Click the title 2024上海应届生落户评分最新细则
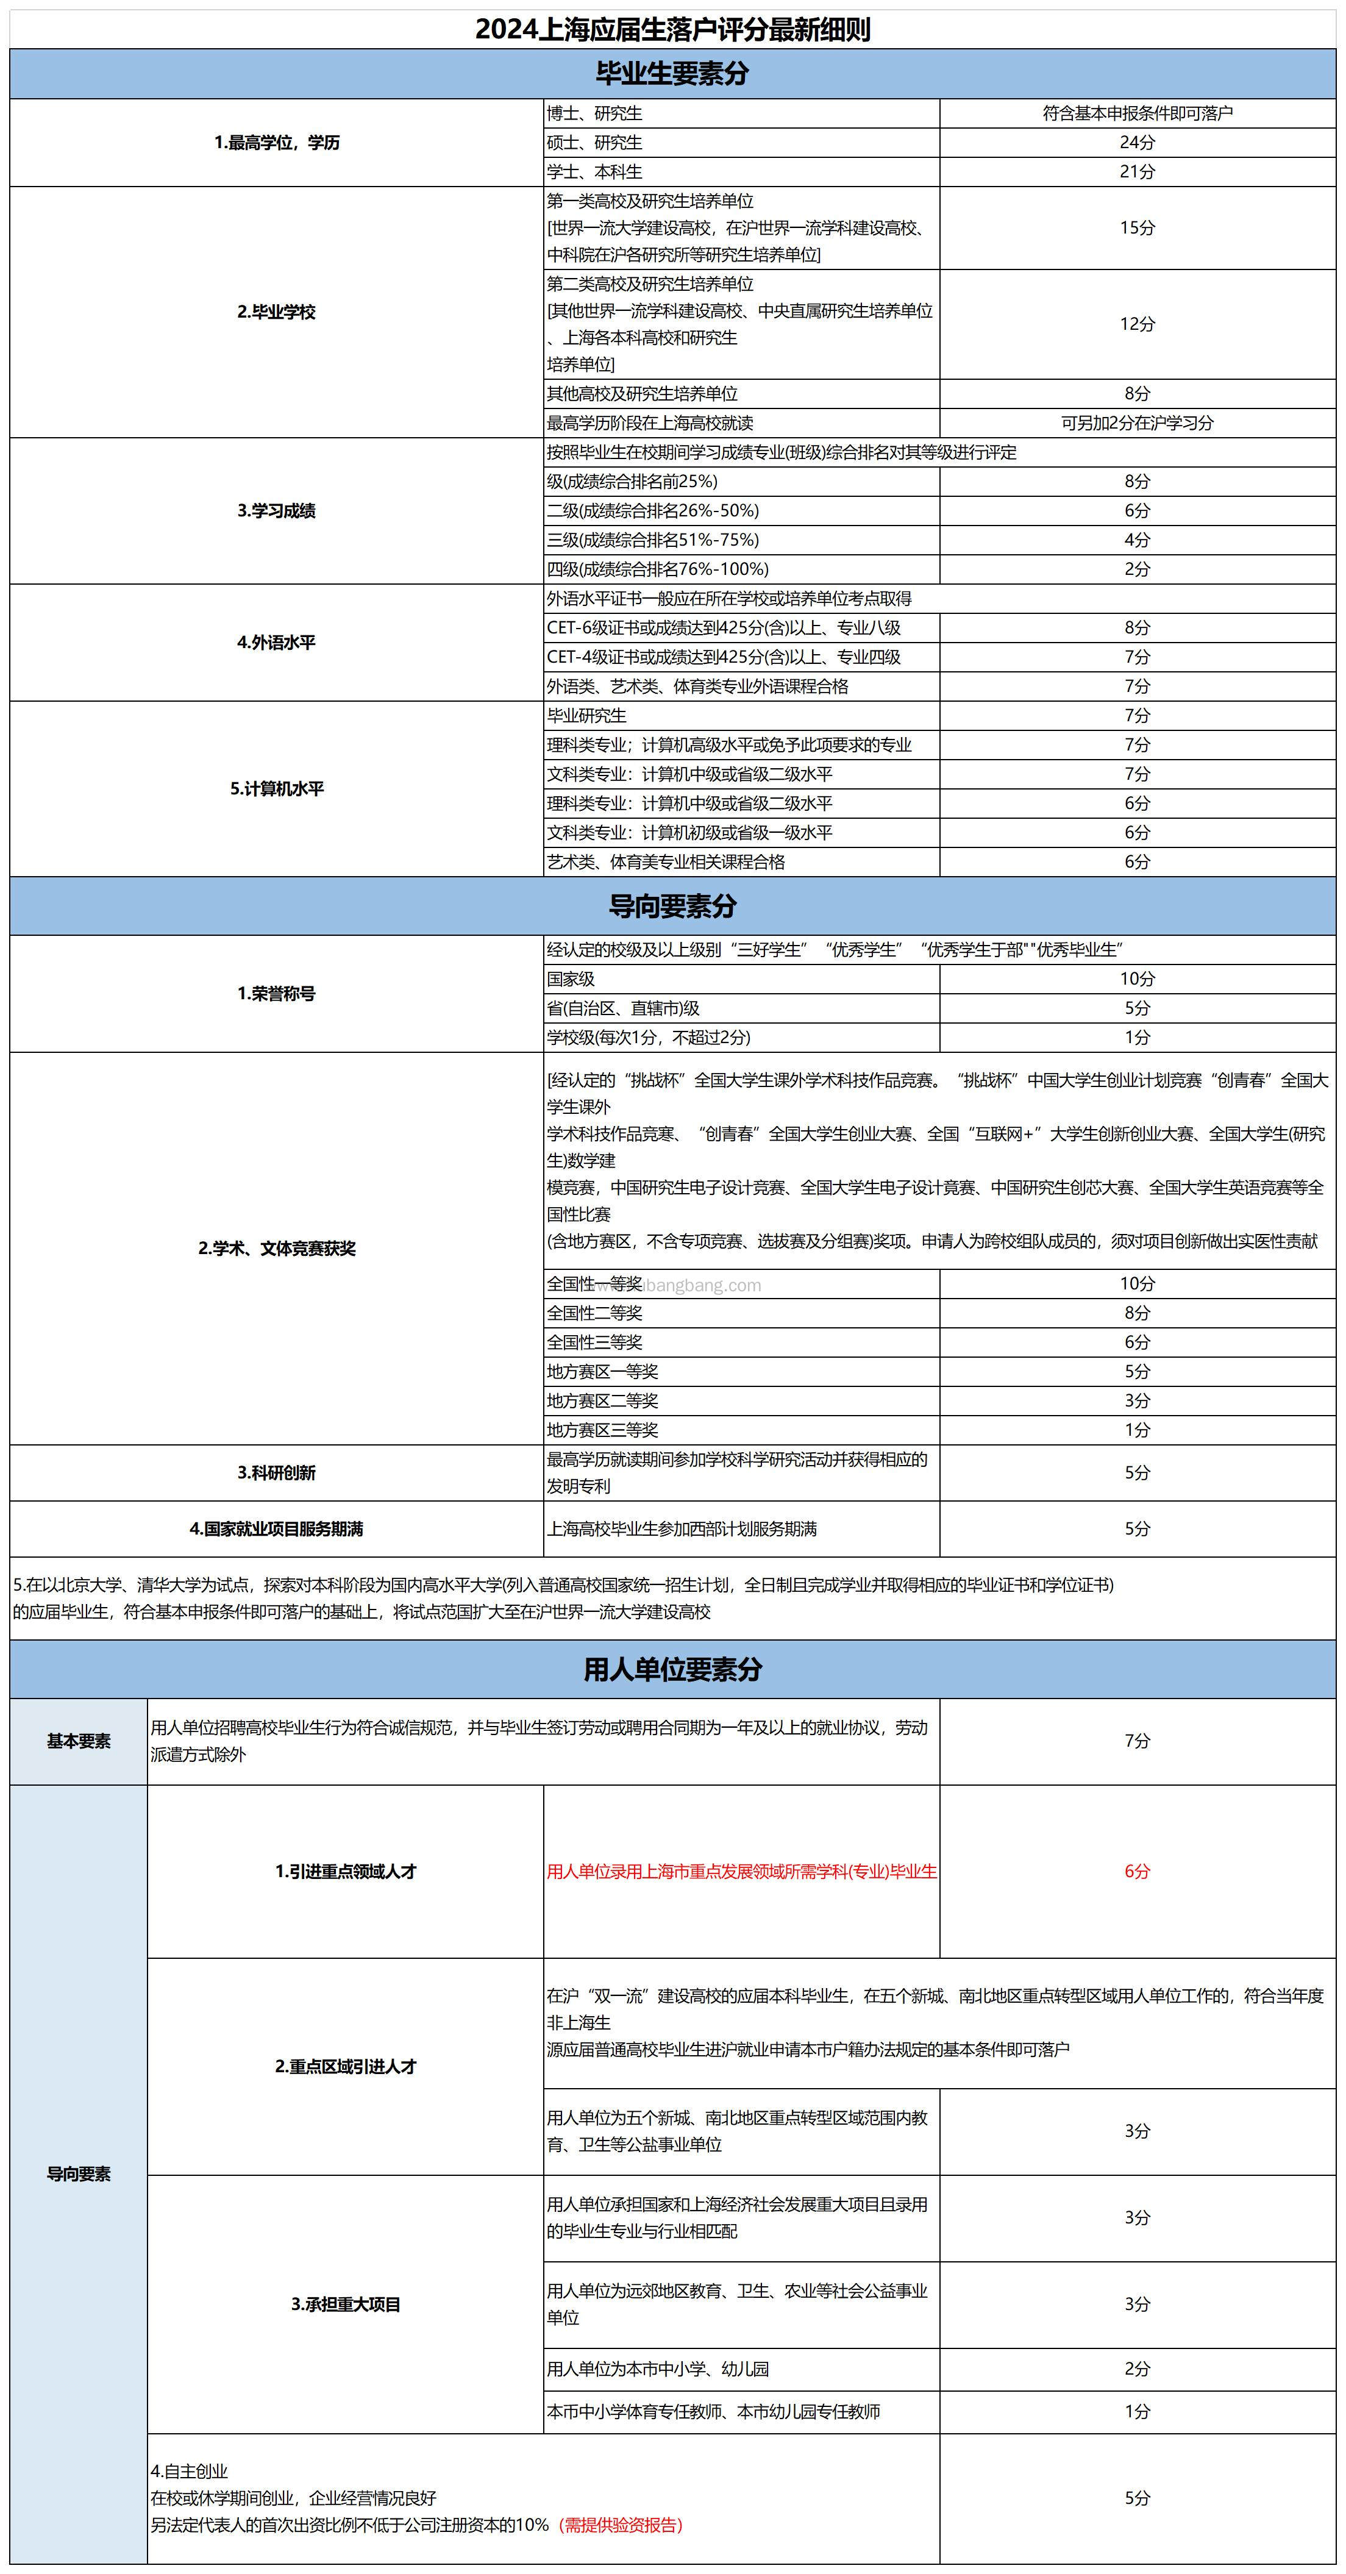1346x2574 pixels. pos(672,29)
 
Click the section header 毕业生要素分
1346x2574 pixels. pos(672,73)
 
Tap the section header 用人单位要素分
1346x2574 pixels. pos(672,1669)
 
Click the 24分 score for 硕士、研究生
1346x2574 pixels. pos(1137,143)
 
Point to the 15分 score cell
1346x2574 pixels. pos(1137,228)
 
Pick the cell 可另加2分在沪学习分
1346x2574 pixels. pos(1137,422)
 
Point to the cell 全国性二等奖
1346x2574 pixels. pos(594,1313)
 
